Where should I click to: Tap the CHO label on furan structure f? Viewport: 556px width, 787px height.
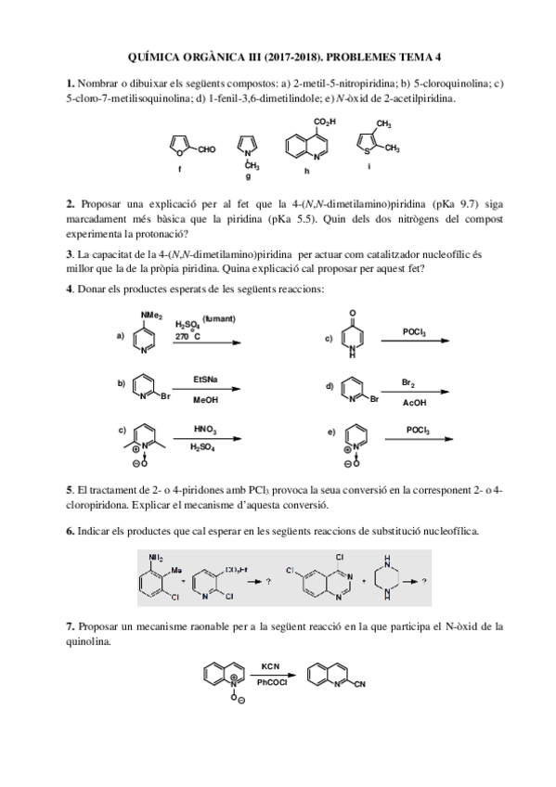coord(206,148)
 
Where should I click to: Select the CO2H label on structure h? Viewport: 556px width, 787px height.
coord(325,122)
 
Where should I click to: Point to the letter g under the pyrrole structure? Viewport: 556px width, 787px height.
coord(247,174)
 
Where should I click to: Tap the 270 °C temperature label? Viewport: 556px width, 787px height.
coord(187,337)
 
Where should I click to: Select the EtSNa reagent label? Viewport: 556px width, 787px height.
coord(206,379)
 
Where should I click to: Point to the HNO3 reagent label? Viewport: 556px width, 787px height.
coord(205,429)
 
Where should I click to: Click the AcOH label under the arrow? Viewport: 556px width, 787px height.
coord(414,403)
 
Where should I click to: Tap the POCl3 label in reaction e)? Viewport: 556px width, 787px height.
coord(418,429)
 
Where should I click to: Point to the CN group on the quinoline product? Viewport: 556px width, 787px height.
coord(359,686)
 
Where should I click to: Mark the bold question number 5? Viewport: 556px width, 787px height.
coord(70,488)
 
